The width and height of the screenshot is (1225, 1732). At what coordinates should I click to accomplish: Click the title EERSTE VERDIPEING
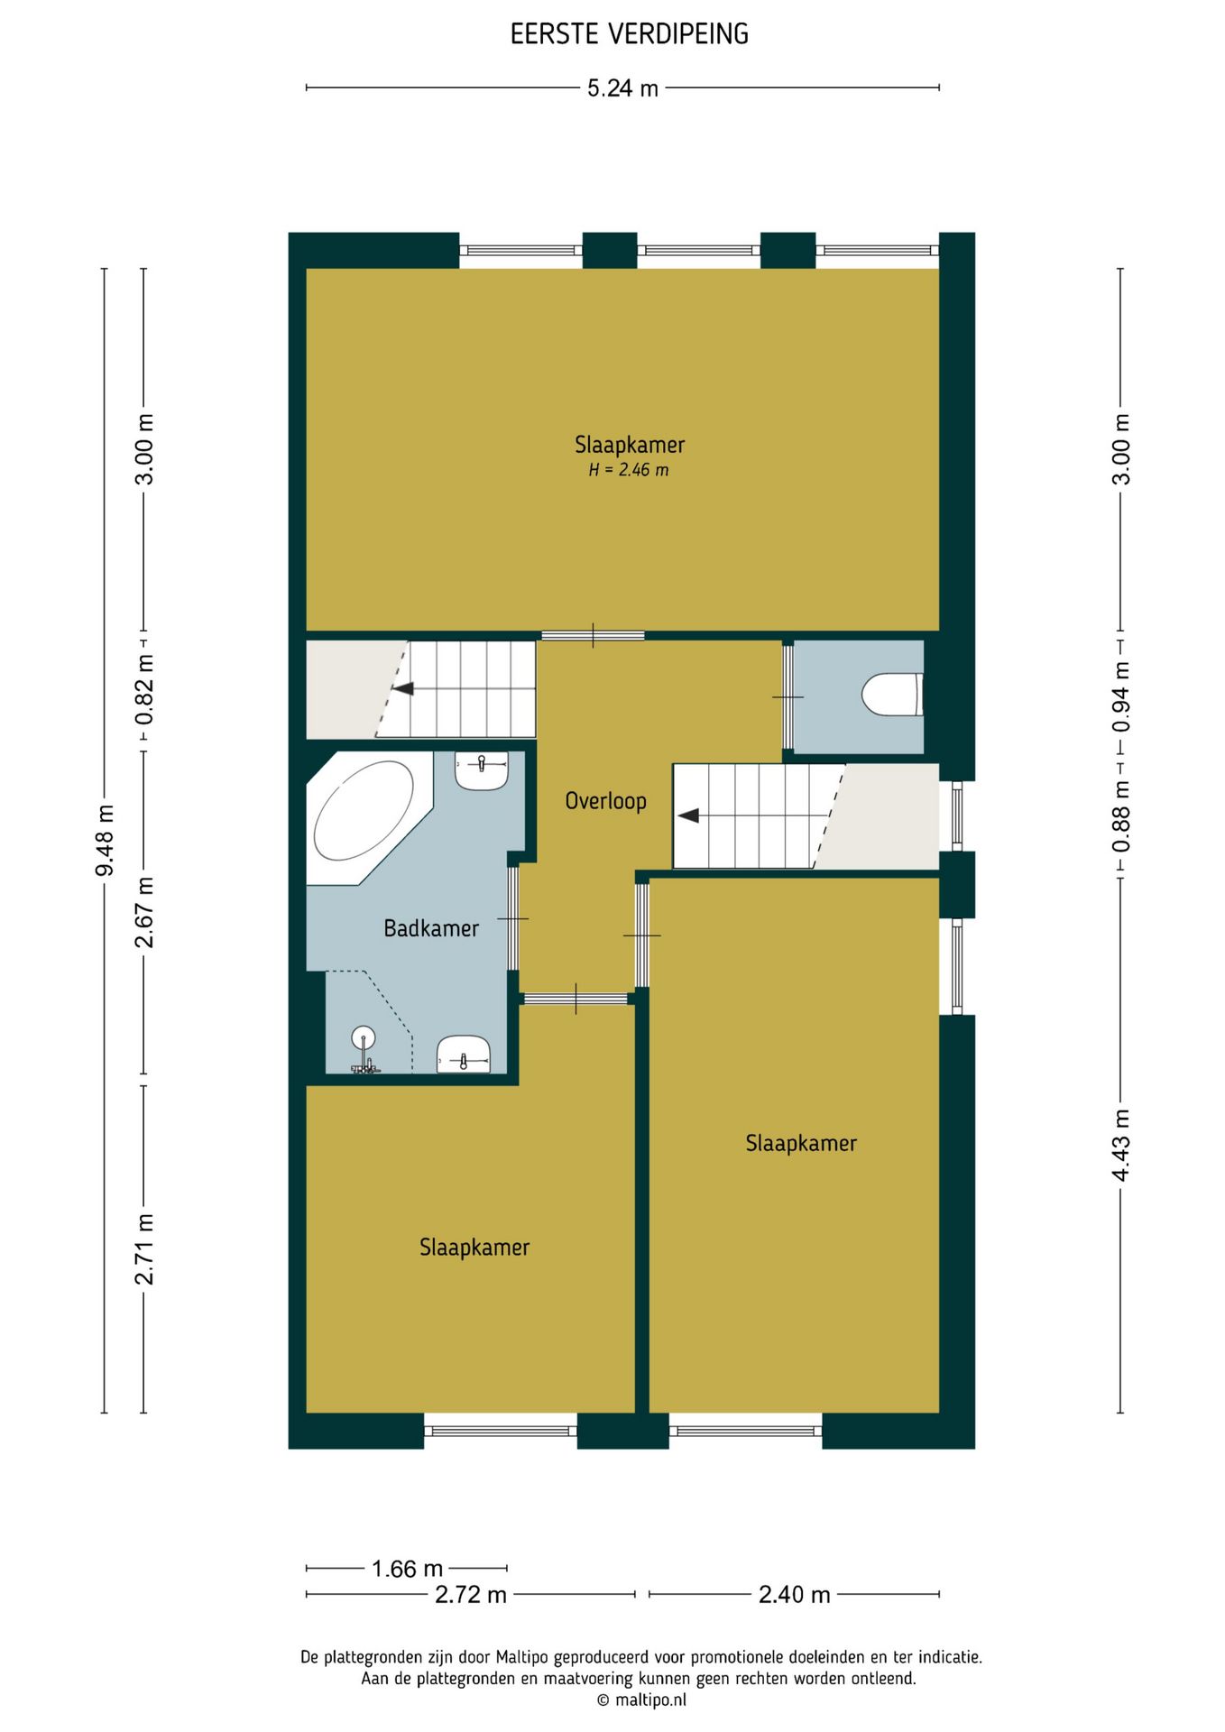pos(629,34)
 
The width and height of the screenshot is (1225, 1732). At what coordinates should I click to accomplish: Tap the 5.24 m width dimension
pos(622,88)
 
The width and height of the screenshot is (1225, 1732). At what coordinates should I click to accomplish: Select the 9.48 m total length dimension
pos(105,840)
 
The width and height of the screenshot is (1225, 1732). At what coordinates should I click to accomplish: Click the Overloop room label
pos(605,801)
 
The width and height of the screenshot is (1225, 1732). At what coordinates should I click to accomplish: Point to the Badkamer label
pos(431,928)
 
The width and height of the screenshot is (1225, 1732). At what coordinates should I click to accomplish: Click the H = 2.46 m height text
pos(629,470)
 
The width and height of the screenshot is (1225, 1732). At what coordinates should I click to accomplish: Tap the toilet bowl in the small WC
pos(891,695)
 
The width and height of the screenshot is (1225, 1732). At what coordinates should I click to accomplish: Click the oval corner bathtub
pos(363,811)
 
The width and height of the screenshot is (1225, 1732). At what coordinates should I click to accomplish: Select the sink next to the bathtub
pos(482,770)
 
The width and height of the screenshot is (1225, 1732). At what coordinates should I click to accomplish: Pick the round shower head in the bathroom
pos(363,1037)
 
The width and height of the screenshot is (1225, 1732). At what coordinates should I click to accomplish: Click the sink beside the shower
pos(464,1054)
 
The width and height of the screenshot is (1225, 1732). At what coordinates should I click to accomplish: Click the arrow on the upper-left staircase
pos(402,688)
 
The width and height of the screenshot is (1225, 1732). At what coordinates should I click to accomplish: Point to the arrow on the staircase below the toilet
pos(689,815)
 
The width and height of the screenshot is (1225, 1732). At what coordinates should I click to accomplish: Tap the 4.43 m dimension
pos(1120,1145)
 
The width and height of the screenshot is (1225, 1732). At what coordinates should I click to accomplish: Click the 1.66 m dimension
pos(407,1569)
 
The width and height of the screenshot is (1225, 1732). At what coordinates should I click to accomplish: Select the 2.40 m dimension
pos(794,1595)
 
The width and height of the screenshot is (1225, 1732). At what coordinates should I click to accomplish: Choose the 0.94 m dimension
pos(1120,697)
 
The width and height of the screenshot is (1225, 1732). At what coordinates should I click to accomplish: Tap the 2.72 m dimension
pos(471,1595)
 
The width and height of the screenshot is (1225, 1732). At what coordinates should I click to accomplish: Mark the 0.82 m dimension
pos(144,690)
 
